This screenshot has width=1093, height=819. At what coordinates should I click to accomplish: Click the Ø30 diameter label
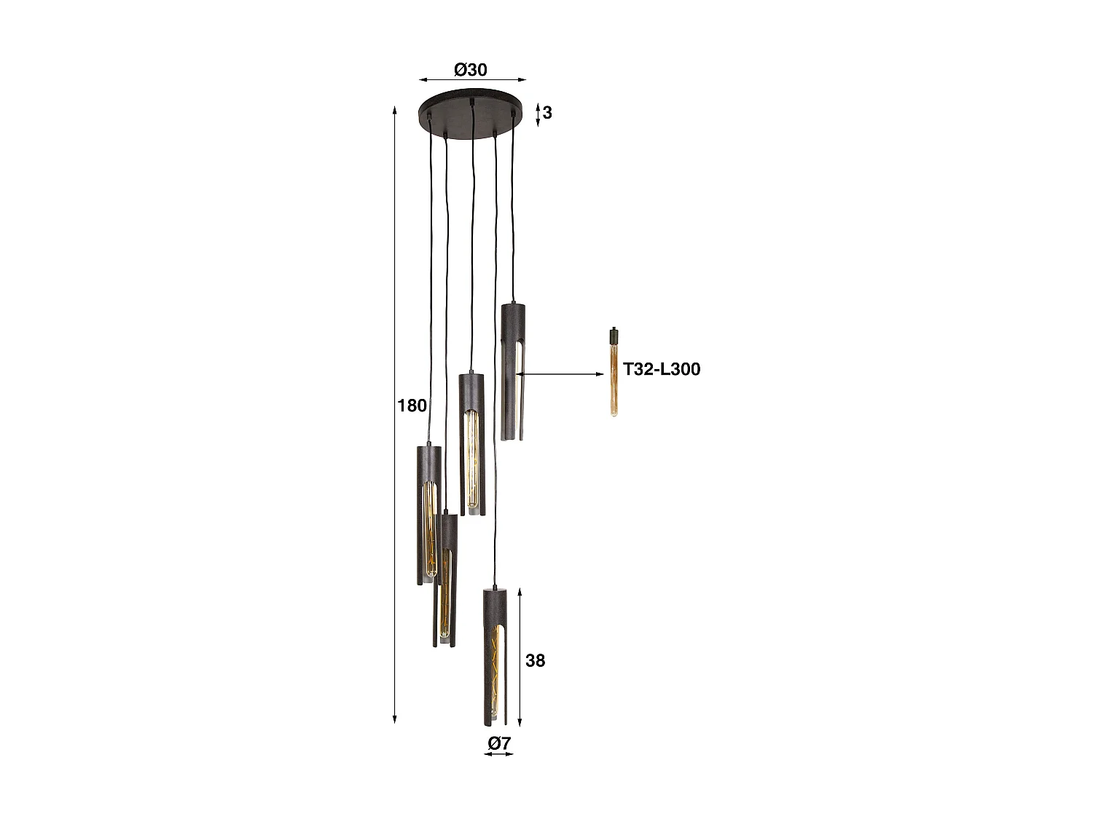pos(470,70)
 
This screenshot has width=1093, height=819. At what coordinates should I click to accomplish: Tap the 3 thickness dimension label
pos(547,113)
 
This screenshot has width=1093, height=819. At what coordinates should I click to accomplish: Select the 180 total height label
pos(412,405)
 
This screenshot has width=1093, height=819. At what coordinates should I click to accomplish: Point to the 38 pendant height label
pos(535,660)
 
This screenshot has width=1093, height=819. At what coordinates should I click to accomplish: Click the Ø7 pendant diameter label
pos(499,743)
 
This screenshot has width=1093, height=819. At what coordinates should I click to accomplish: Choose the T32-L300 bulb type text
pos(662,369)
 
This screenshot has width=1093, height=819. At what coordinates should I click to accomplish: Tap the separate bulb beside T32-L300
pos(614,379)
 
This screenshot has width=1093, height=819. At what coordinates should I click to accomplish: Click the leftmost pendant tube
pos(428,513)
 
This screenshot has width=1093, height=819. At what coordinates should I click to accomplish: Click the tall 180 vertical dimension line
pos(394,415)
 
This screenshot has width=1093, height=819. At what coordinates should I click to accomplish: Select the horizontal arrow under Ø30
pos(471,79)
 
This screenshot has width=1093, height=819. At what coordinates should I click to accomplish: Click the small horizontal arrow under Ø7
pos(498,754)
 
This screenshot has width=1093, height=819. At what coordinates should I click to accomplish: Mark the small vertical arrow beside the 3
pos(538,114)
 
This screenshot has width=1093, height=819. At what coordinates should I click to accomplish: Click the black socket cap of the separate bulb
pos(614,336)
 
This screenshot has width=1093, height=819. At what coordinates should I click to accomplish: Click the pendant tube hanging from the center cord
pos(471,444)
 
